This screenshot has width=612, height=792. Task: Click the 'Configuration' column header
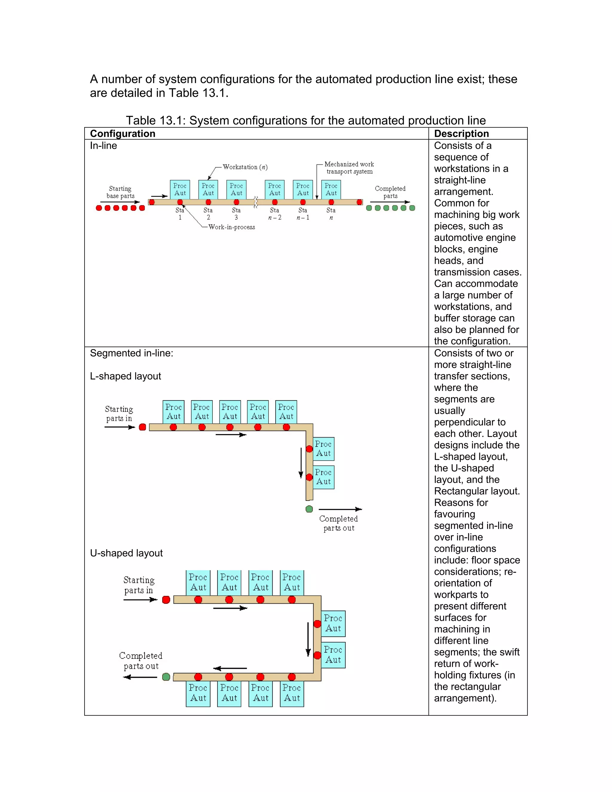pyautogui.click(x=123, y=134)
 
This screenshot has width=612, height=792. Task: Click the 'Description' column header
pyautogui.click(x=461, y=134)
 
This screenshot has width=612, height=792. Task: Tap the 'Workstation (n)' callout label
pyautogui.click(x=245, y=167)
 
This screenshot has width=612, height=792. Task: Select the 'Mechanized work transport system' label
pyautogui.click(x=349, y=168)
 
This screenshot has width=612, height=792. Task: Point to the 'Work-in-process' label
pyautogui.click(x=232, y=227)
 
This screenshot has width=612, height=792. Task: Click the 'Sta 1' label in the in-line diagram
pyautogui.click(x=180, y=214)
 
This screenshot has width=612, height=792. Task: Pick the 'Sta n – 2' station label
pyautogui.click(x=274, y=214)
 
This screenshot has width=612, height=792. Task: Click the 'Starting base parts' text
pyautogui.click(x=120, y=192)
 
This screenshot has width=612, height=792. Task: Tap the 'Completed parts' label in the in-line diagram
pyautogui.click(x=390, y=192)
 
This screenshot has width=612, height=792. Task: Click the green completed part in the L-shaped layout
pyautogui.click(x=309, y=509)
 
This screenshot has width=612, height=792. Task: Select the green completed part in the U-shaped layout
pyautogui.click(x=166, y=677)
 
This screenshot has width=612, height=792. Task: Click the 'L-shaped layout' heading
pyautogui.click(x=126, y=376)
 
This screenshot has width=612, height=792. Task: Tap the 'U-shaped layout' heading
pyautogui.click(x=126, y=553)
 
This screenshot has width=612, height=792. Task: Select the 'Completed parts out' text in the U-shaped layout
pyautogui.click(x=141, y=661)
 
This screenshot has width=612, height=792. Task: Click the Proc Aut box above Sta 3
pyautogui.click(x=236, y=189)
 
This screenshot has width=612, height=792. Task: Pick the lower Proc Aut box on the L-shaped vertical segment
pyautogui.click(x=323, y=477)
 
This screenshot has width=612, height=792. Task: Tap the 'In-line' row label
pyautogui.click(x=103, y=146)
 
